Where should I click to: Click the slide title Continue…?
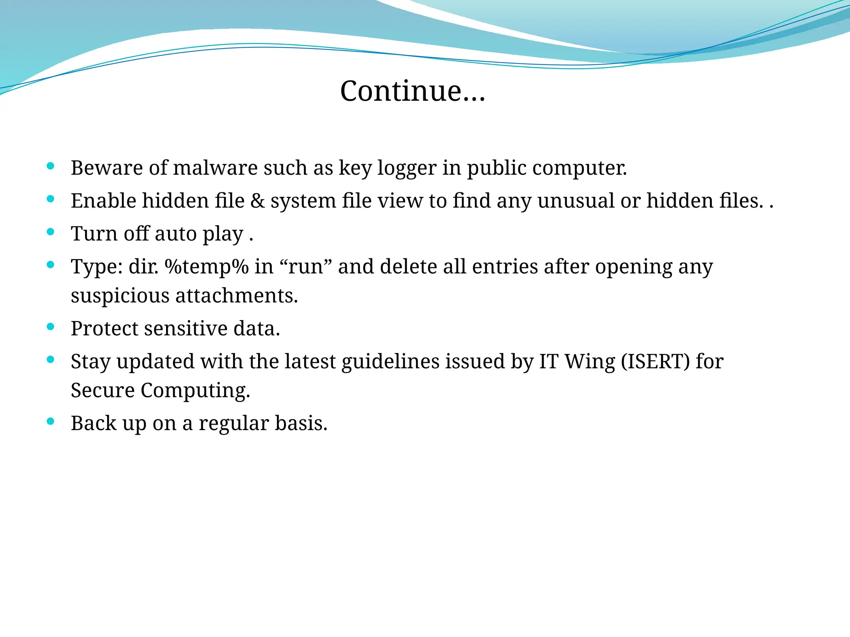(x=413, y=91)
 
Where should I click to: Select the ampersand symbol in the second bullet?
(x=257, y=201)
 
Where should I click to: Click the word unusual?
(x=575, y=201)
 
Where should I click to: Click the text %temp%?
(x=206, y=267)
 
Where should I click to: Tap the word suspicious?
(x=120, y=296)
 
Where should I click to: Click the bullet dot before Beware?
(x=51, y=166)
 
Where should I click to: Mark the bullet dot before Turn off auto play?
(x=51, y=232)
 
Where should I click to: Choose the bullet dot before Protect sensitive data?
(x=51, y=327)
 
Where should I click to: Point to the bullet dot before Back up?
(x=51, y=422)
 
